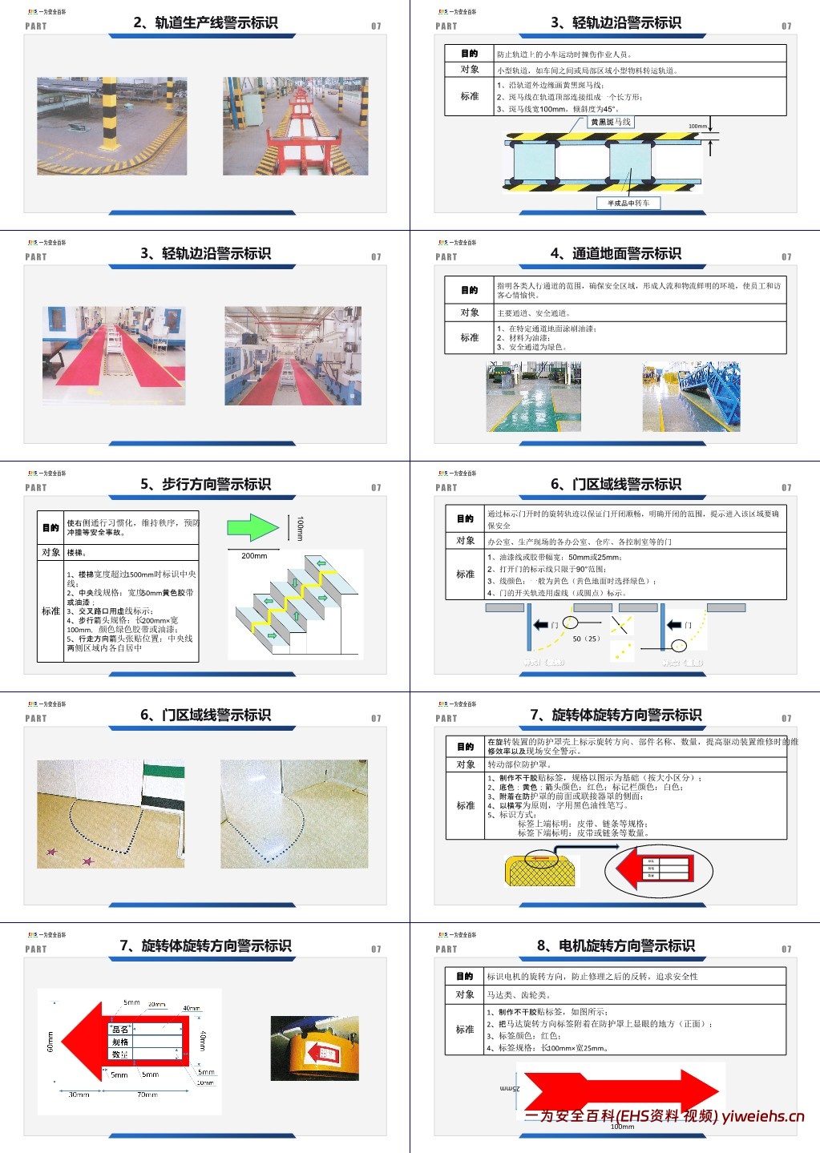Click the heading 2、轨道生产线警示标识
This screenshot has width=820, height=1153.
(x=205, y=23)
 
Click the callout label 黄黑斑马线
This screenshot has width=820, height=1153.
(x=611, y=123)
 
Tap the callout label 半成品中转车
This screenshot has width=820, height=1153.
(x=628, y=204)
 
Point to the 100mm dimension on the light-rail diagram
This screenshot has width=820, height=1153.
(x=697, y=127)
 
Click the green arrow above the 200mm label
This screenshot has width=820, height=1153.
(x=252, y=527)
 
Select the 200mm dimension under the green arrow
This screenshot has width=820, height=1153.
(x=254, y=555)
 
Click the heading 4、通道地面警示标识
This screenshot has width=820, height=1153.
(x=616, y=254)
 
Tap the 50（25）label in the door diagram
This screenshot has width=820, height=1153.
(x=586, y=639)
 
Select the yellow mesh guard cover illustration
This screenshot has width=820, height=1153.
(x=543, y=869)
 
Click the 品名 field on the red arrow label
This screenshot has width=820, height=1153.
(x=120, y=1030)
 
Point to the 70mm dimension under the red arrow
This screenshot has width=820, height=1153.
(x=147, y=1095)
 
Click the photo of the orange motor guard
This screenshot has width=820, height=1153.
(x=314, y=1048)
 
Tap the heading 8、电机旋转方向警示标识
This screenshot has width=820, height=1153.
(x=616, y=946)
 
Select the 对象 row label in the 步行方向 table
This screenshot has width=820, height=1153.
(x=50, y=552)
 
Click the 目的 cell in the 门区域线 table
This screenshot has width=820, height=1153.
(x=465, y=518)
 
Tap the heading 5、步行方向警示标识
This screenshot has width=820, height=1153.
(x=205, y=485)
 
